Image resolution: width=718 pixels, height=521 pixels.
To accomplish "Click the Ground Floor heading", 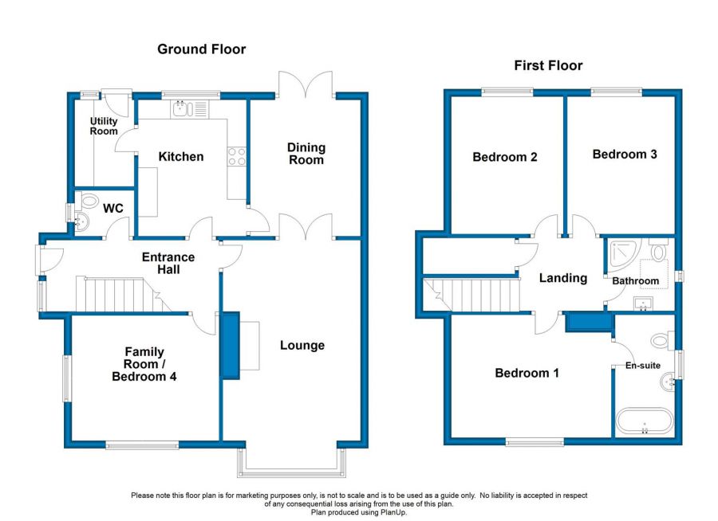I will tap(201, 49).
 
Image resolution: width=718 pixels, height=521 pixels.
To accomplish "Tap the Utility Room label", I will tap(104, 126).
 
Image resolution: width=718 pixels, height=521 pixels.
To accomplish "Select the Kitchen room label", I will tap(181, 157).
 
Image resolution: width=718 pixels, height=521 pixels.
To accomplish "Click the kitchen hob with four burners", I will tap(237, 156).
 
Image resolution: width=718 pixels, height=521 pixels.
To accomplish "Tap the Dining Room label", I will tap(306, 154).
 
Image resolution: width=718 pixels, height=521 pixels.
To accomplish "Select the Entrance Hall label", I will tap(168, 263).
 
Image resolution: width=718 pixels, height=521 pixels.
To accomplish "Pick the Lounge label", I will tap(302, 345).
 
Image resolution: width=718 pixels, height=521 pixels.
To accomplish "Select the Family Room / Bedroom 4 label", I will tap(144, 364).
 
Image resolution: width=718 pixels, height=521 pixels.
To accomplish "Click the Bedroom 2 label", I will tap(505, 157).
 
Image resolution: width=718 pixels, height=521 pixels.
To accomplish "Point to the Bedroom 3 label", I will tap(625, 154).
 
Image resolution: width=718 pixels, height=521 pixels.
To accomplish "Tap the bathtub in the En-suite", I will tap(645, 421).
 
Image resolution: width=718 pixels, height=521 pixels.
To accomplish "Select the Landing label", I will tap(563, 278).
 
